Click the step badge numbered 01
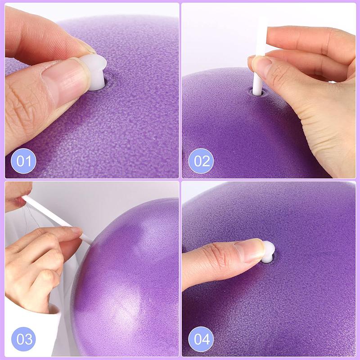24,161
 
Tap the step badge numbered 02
201,161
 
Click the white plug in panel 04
268,252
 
